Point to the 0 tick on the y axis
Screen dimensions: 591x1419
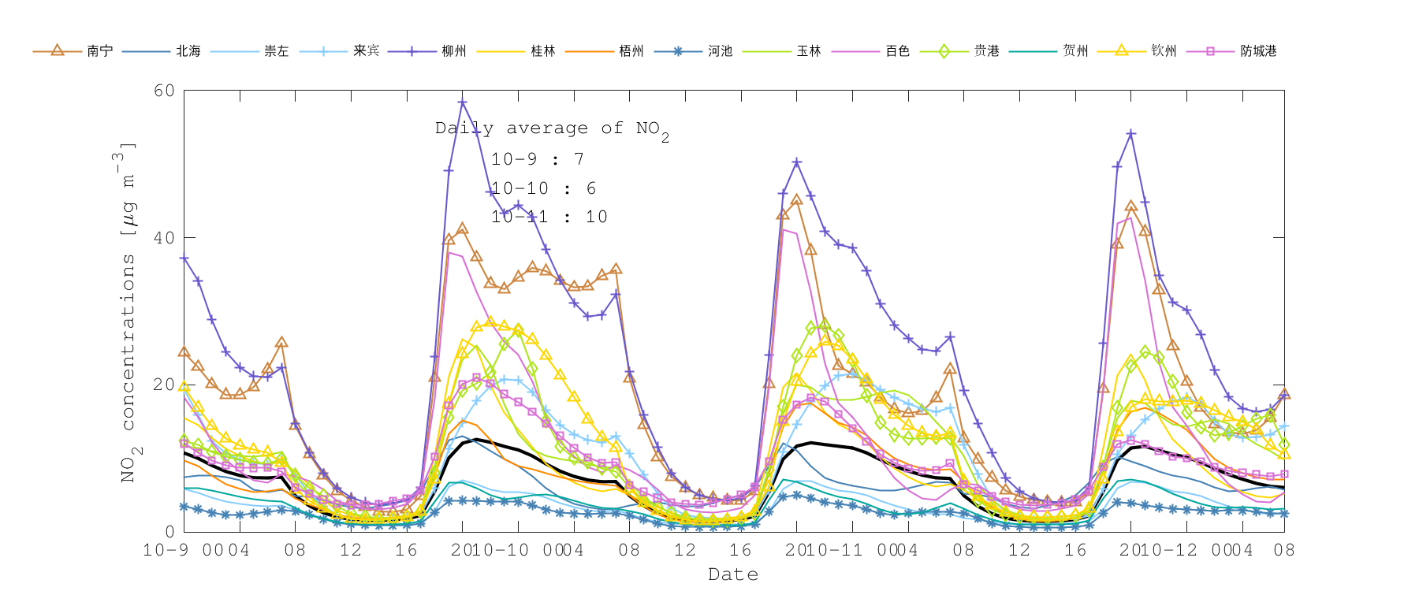pyautogui.click(x=169, y=532)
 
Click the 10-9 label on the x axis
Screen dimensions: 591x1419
pyautogui.click(x=166, y=550)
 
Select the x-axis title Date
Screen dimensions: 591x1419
pyautogui.click(x=733, y=574)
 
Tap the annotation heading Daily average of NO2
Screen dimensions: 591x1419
pyautogui.click(x=552, y=128)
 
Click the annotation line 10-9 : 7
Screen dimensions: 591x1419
pyautogui.click(x=537, y=159)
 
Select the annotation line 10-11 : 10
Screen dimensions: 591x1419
pyautogui.click(x=549, y=217)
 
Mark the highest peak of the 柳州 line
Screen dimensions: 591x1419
pyautogui.click(x=463, y=102)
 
